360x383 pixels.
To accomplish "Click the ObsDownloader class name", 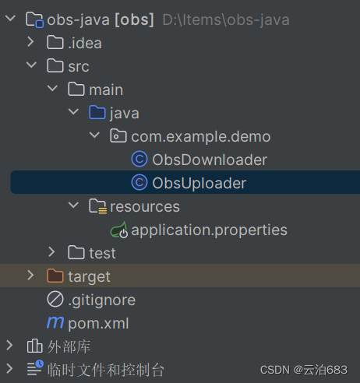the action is click(210, 160).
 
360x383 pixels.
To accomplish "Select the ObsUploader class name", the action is click(199, 183).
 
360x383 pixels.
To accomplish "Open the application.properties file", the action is click(209, 230).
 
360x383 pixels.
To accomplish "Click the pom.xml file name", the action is click(98, 324).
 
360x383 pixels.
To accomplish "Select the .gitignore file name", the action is click(101, 300).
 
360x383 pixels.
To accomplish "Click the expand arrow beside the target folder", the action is click(30, 276).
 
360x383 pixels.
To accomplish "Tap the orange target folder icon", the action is click(55, 276).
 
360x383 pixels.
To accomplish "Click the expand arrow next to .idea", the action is click(30, 42).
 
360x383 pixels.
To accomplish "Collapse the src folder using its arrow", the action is click(31, 65).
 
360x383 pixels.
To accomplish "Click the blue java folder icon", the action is click(97, 112).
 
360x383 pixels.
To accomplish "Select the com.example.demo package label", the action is click(201, 137).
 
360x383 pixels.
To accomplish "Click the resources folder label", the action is click(145, 206).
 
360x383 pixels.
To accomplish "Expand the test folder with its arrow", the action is click(51, 252).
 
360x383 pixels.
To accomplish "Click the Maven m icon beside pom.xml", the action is click(55, 322).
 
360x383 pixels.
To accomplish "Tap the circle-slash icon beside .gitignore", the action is click(55, 299).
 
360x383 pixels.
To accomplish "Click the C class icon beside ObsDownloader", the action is click(139, 159).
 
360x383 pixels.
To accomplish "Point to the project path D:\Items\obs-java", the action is click(226, 20).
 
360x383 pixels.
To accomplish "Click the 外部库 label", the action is click(69, 346).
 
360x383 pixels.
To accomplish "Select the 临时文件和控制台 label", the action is click(105, 370).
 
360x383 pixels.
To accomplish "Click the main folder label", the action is click(106, 90).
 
